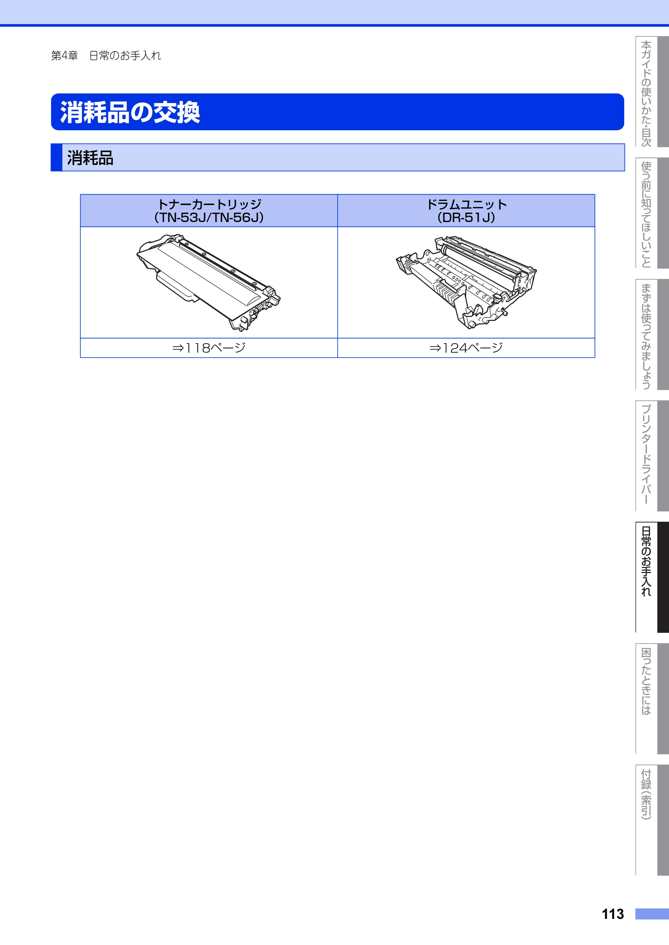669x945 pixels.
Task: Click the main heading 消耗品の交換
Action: coord(130,112)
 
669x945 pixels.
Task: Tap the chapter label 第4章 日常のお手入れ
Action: coord(106,56)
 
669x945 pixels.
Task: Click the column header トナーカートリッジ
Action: coord(209,204)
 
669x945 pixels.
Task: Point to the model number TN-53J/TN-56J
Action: coord(209,217)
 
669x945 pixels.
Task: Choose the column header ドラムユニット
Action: coord(466,204)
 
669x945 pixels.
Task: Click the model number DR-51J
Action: coord(466,217)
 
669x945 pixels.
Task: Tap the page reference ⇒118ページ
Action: coord(209,348)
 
